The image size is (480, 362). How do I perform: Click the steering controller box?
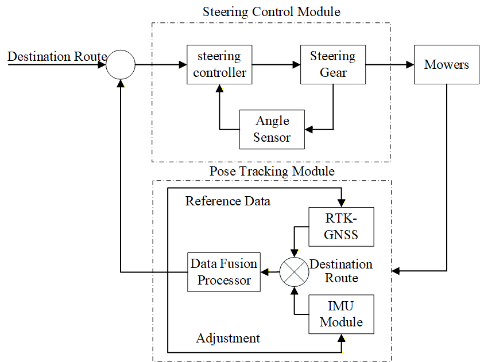click(x=219, y=64)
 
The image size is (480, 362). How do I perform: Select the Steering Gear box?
click(x=333, y=64)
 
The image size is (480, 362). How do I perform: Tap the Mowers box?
click(x=446, y=64)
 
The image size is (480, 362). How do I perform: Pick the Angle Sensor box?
click(x=272, y=129)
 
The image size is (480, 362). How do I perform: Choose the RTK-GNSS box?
click(x=341, y=227)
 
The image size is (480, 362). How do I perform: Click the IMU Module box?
click(x=341, y=314)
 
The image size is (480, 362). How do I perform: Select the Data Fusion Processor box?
click(x=224, y=271)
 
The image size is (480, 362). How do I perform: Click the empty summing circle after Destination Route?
click(x=121, y=64)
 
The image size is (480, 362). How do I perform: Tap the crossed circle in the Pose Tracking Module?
click(x=294, y=272)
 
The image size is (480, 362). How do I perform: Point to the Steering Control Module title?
click(x=271, y=11)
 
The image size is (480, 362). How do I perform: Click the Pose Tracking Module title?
click(x=272, y=171)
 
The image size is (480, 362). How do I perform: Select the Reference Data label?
click(x=227, y=201)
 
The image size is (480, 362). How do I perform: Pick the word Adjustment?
click(x=228, y=338)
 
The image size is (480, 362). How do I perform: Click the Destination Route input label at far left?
click(x=57, y=57)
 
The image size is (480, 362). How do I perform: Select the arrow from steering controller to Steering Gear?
click(x=276, y=64)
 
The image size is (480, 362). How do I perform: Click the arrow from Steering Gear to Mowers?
click(x=389, y=64)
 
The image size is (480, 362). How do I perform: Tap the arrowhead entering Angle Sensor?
click(x=309, y=130)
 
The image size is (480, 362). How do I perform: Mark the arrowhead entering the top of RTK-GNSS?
click(x=342, y=204)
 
